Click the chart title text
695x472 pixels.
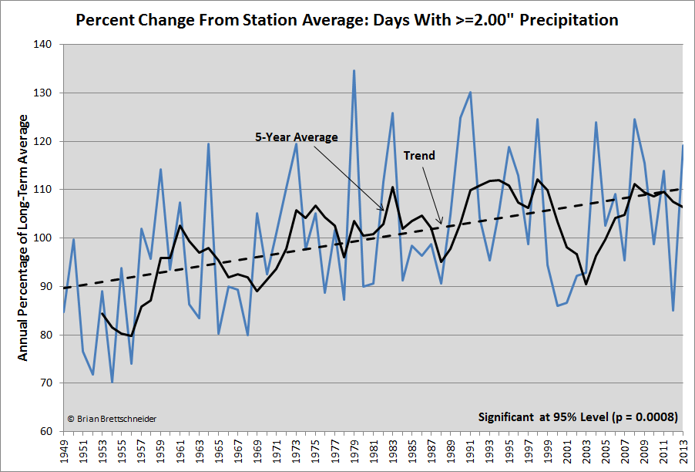coord(347,19)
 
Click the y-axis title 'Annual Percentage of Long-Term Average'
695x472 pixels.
coord(22,238)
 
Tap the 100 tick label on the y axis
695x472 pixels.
coord(42,238)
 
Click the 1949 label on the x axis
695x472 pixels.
coord(64,451)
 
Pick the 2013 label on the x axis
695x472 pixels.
coord(683,451)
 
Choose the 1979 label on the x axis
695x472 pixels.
coord(354,451)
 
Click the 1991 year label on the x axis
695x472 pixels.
coord(470,451)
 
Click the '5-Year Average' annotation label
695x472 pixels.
coord(297,137)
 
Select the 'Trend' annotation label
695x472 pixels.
coord(419,155)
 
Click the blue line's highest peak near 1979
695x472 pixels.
coord(354,71)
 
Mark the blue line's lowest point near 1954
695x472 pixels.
coord(112,382)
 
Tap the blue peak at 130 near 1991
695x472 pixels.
coord(470,93)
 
